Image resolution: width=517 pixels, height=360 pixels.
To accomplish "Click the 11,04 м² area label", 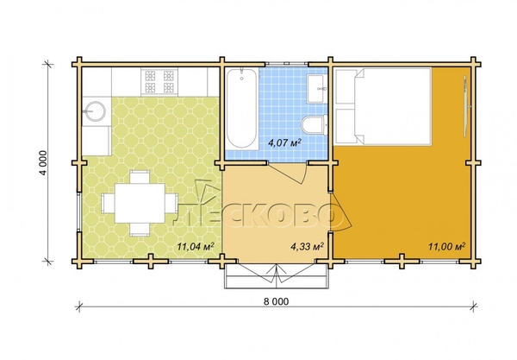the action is [196, 246].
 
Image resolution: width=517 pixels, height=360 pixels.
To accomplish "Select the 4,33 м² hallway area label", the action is [307, 246].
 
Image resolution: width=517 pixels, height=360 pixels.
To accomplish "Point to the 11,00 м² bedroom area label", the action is [446, 246].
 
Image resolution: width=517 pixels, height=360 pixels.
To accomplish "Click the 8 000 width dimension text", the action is [276, 301].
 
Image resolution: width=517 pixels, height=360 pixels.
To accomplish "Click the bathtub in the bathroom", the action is [241, 108].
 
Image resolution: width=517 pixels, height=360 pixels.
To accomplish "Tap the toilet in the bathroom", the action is [315, 125].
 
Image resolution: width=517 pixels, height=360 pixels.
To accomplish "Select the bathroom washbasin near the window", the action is [316, 89].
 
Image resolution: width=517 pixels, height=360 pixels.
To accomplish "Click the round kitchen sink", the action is [94, 111].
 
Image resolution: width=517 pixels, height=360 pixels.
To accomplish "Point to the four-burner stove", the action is [159, 81].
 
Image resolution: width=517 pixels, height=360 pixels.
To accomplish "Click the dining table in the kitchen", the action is [140, 203].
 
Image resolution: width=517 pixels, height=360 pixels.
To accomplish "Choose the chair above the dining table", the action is [140, 177].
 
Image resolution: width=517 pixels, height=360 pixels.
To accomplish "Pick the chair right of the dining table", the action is [171, 203].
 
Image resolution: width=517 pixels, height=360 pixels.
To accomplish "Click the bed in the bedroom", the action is [383, 106].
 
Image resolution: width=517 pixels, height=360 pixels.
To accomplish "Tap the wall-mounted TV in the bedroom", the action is [465, 106].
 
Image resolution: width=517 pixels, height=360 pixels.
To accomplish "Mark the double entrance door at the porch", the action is [277, 273].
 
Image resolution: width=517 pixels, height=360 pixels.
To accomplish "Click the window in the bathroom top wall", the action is [287, 63].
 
